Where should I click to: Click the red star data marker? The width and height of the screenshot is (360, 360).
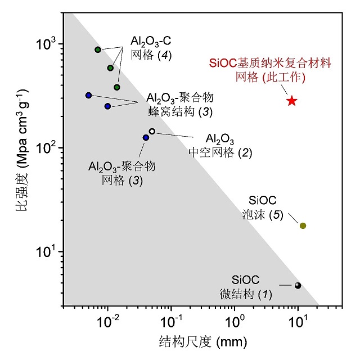291,101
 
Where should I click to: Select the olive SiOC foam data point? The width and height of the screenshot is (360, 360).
303,226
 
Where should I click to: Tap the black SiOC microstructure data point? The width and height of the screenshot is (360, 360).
298,286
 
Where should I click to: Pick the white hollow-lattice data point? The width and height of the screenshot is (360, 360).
152,132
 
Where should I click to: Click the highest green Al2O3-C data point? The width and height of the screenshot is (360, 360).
98,49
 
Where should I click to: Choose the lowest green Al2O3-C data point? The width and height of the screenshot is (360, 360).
117,87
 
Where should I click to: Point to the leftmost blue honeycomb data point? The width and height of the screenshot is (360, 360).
88,95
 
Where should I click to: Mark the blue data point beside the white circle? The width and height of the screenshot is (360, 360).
146,137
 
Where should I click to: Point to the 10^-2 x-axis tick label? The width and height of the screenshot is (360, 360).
107,323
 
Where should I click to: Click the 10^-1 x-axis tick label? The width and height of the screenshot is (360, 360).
170,323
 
